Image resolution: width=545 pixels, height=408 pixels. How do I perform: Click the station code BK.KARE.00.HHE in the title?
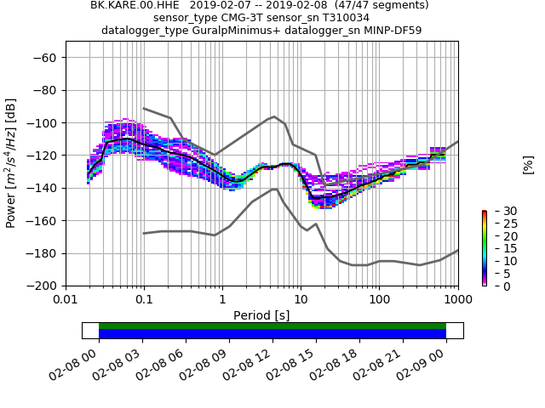pos(130,5)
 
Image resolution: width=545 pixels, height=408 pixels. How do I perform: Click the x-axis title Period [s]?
pos(261,315)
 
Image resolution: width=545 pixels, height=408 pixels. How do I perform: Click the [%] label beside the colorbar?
pos(528,164)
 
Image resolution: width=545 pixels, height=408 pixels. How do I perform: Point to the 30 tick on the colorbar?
pos(499,211)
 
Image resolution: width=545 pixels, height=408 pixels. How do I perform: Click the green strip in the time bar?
pos(272,326)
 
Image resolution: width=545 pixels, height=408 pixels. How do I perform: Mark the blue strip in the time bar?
pos(272,334)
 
